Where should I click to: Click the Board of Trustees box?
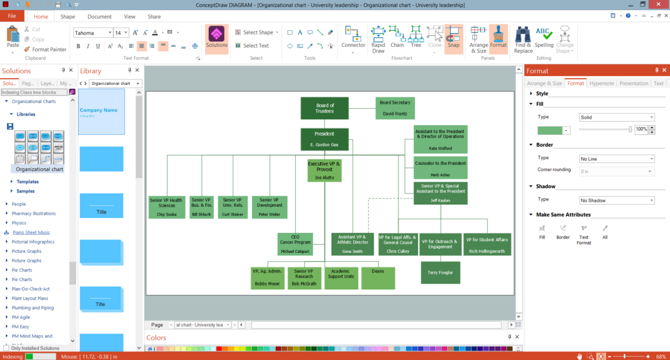click(x=324, y=108)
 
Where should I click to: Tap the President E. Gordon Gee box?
click(x=324, y=139)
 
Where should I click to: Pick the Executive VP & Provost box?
click(x=324, y=171)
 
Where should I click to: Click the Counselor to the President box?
click(x=440, y=168)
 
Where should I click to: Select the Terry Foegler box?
click(x=440, y=272)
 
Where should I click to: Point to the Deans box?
click(x=378, y=278)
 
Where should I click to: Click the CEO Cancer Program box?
click(x=295, y=244)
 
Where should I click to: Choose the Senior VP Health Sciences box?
click(x=167, y=207)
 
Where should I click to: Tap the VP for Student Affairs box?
click(x=487, y=244)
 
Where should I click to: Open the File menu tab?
click(x=12, y=16)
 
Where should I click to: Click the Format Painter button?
click(x=45, y=50)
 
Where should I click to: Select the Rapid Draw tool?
click(x=378, y=39)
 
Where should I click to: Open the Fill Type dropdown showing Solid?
click(x=617, y=117)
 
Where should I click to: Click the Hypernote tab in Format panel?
click(x=602, y=84)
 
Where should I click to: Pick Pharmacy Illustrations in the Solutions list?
click(x=33, y=213)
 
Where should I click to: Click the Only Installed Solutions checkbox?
click(x=6, y=348)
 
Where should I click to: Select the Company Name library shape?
click(x=101, y=112)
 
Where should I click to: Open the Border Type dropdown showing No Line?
click(x=617, y=159)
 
